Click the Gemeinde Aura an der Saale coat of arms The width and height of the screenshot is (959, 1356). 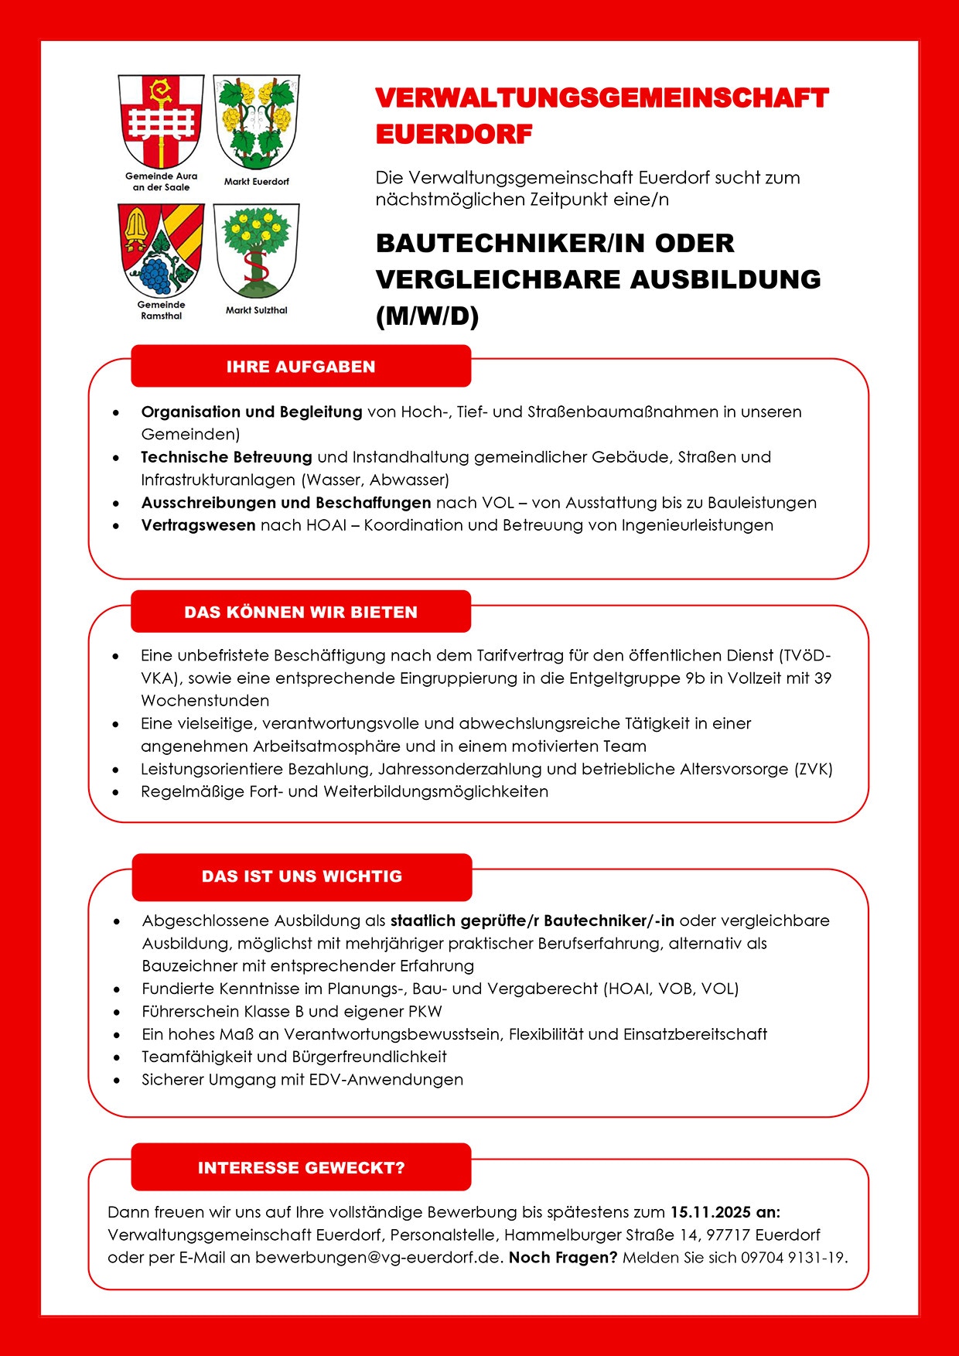[161, 120]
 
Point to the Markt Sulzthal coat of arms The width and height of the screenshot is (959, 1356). [256, 250]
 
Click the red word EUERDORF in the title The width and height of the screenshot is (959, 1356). [454, 134]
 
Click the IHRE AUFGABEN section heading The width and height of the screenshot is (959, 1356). [301, 367]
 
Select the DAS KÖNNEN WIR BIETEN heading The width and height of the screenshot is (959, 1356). [301, 612]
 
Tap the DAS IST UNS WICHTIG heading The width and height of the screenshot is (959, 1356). [302, 876]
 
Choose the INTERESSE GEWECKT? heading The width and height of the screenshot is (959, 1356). [301, 1167]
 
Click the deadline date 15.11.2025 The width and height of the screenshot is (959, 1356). [710, 1212]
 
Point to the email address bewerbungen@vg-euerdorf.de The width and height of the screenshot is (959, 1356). [379, 1257]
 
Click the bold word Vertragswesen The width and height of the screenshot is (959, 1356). [198, 525]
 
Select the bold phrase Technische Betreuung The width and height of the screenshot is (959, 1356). [226, 457]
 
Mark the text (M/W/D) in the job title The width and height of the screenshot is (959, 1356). [428, 316]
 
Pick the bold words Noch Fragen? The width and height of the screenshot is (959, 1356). [563, 1257]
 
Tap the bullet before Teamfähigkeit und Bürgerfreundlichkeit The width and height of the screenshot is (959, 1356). [117, 1057]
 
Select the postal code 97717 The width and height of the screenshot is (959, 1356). [728, 1235]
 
